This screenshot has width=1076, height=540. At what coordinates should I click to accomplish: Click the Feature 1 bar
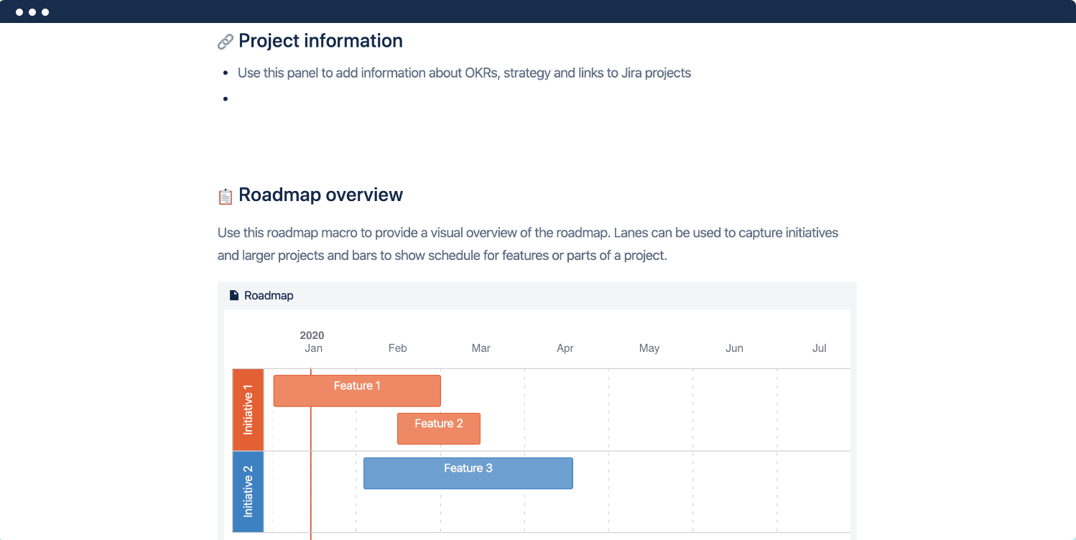pos(357,391)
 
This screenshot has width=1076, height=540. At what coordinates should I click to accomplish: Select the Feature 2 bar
pos(439,428)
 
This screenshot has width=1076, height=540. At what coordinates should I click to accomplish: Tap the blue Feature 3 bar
pos(468,473)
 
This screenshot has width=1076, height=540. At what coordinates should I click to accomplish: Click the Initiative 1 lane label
pos(249,410)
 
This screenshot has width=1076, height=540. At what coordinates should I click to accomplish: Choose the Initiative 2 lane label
pos(249,492)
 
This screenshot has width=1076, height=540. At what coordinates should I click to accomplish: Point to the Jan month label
pos(313,348)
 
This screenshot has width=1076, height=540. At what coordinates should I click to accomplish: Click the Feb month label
pos(397,348)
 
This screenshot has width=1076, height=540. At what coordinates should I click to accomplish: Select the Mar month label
pos(481,348)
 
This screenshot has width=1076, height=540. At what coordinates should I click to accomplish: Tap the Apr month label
pos(565,348)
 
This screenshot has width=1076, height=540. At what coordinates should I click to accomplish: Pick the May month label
pos(649,348)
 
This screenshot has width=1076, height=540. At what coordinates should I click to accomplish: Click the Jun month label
pos(734,348)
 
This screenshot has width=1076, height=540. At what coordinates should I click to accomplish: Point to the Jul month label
pos(819,348)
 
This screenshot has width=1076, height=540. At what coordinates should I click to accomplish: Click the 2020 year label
pos(312,335)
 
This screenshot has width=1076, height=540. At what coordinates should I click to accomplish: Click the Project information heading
pos(320,41)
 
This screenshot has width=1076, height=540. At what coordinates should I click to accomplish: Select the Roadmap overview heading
pos(320,195)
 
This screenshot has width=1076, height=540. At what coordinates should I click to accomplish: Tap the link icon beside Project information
pos(226,42)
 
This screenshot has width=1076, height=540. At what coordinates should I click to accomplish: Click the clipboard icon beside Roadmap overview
pos(226,196)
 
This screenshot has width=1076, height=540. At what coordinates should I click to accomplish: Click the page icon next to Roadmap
pos(233,295)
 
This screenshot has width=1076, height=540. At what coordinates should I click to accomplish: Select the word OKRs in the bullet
pos(478,73)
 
